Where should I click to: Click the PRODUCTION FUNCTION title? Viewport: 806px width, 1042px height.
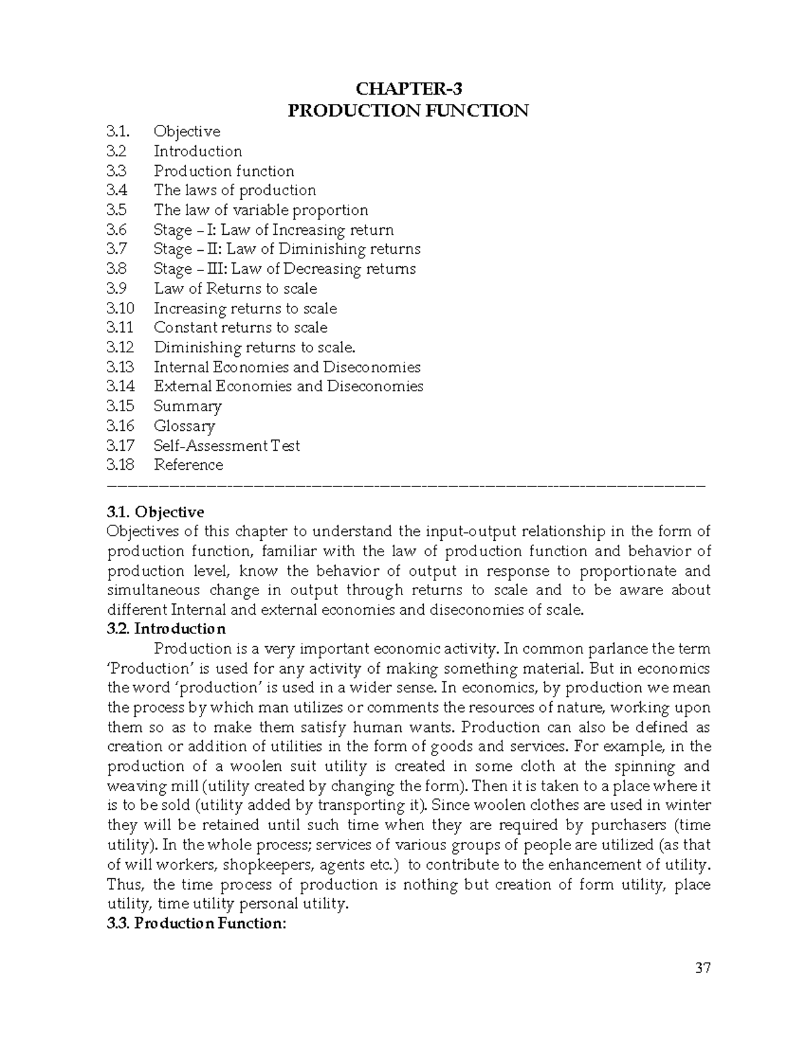pos(408,111)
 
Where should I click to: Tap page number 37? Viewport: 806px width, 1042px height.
pos(703,968)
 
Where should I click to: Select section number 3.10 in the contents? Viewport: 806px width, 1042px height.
pos(120,309)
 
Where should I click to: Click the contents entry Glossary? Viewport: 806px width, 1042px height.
pos(184,426)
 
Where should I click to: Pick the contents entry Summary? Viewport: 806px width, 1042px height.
pos(187,407)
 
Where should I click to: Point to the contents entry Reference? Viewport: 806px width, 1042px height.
pos(188,465)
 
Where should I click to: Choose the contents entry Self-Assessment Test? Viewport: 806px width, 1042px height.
pos(226,446)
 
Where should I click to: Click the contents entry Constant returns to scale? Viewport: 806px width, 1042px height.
pos(240,328)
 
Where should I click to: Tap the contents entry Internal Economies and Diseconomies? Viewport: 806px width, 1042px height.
pos(287,367)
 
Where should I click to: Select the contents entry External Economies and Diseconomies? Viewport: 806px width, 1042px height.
pos(288,386)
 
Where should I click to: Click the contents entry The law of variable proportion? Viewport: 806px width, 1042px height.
pos(261,210)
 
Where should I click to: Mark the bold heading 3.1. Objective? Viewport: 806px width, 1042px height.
pos(155,513)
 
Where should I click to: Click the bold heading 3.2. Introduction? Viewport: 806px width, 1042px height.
pos(166,629)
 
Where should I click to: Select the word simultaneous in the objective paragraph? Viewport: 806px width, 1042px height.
pos(153,590)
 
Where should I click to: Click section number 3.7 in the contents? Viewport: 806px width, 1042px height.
pos(116,250)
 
